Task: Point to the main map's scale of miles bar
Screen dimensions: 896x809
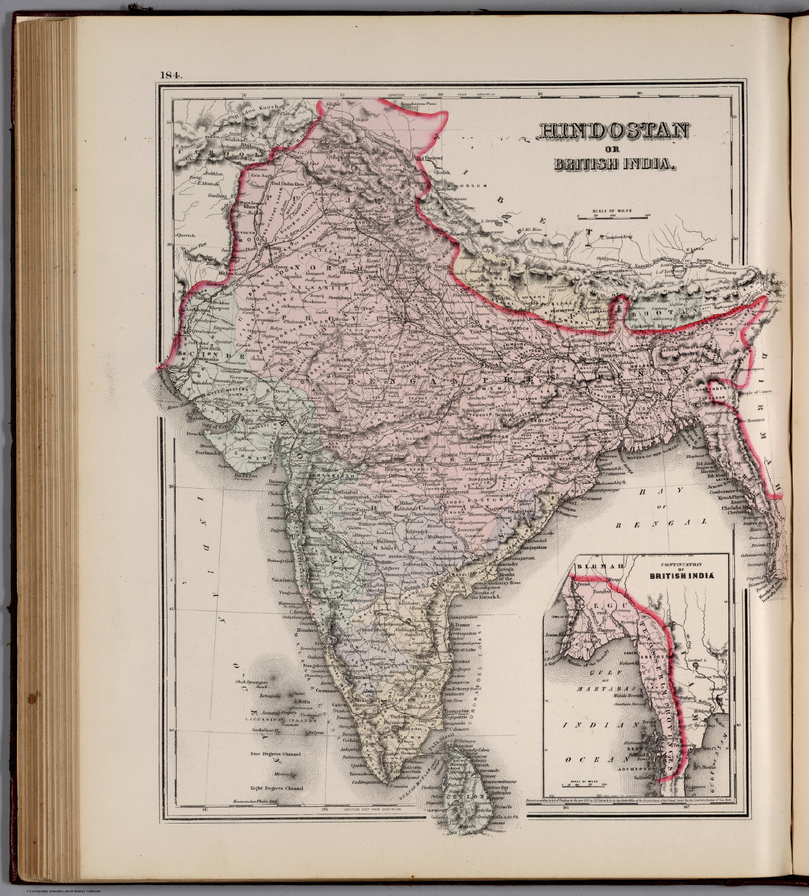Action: (612, 215)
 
